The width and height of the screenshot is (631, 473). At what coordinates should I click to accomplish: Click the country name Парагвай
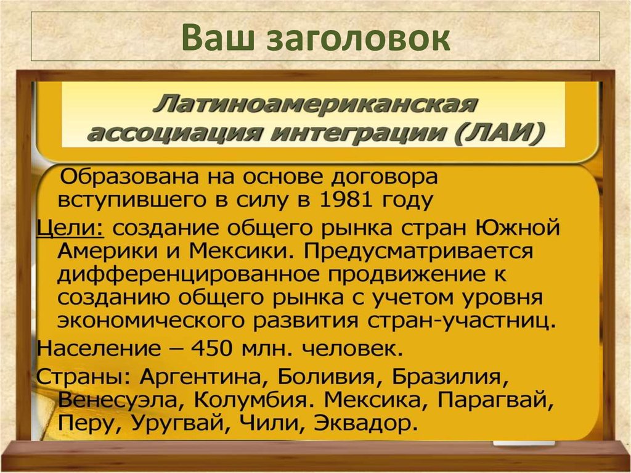[x=494, y=400]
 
